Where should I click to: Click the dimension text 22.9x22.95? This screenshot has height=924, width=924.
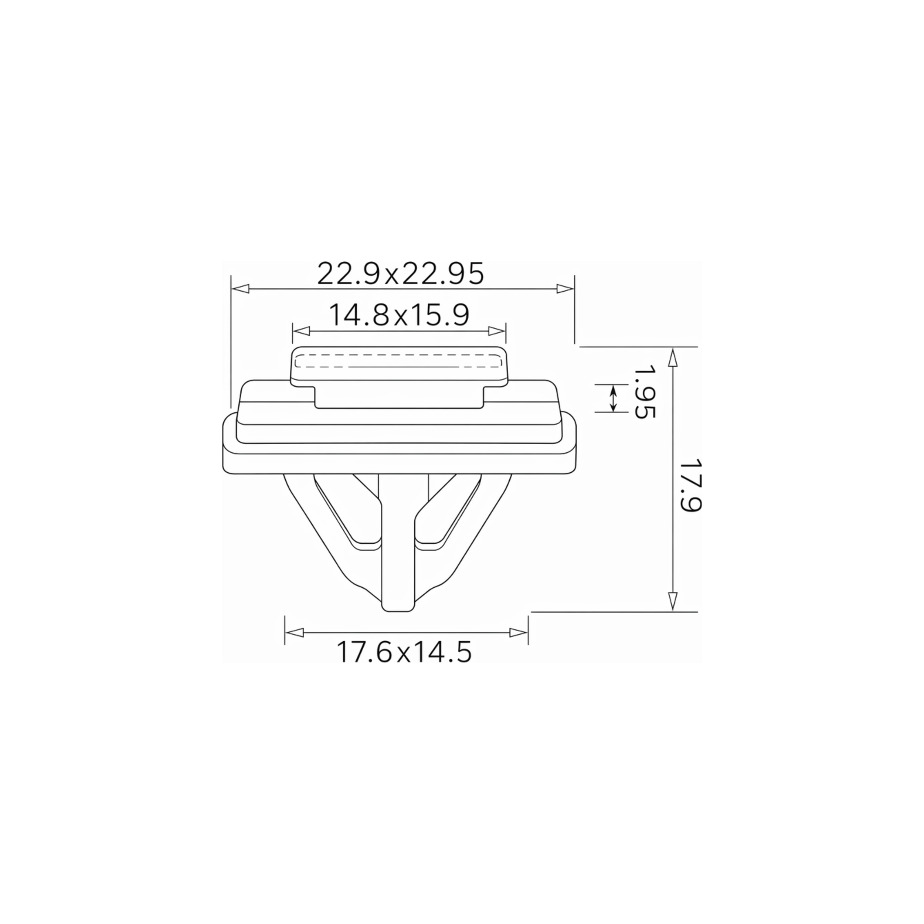401,274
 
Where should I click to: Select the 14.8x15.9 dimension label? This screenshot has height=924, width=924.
399,315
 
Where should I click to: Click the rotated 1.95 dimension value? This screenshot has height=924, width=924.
644,392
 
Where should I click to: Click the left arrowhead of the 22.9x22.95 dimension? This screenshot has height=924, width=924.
240,289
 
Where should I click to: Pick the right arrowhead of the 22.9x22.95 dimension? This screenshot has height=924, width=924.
565,289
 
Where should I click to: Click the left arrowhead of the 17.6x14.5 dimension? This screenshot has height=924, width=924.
294,633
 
